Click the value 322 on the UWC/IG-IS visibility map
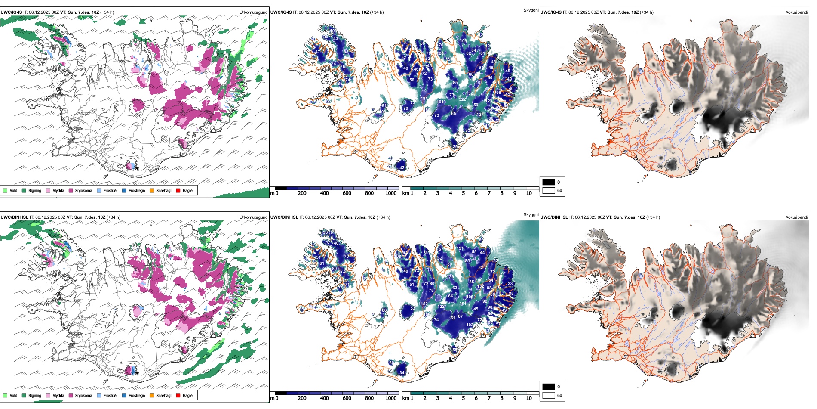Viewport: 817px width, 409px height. pos(462,99)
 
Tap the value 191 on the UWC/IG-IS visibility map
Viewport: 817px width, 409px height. pos(424,99)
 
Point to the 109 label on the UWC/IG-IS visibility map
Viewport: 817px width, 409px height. pos(463,41)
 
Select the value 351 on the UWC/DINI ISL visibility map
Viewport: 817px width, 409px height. pos(463,304)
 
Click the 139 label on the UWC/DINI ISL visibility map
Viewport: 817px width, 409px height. pos(450,277)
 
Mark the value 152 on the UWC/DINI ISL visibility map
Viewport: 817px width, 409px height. pos(424,304)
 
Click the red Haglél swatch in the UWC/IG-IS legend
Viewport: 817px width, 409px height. pos(178,190)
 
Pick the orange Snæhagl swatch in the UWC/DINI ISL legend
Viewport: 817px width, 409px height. pos(152,395)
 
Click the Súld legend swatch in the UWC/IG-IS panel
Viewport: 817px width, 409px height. pos(5,190)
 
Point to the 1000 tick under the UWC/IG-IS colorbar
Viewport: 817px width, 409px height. pos(391,193)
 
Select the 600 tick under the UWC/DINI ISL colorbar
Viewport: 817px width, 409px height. pos(347,398)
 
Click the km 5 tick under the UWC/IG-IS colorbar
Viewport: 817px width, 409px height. pos(463,193)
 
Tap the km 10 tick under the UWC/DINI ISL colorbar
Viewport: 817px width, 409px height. pos(529,398)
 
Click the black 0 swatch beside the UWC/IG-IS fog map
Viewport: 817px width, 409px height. pos(549,182)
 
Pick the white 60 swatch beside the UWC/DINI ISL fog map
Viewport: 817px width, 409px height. pos(549,395)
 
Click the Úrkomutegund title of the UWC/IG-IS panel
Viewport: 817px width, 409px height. pos(253,12)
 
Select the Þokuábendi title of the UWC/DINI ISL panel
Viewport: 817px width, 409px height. pos(796,217)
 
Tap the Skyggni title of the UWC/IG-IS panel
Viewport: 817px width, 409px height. pos(531,10)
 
